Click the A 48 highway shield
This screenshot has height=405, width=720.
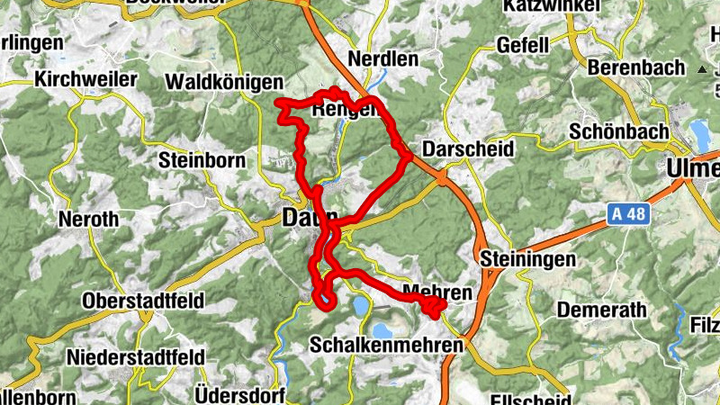(626, 214)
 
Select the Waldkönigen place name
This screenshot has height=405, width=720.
(224, 82)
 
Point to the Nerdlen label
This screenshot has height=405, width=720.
(388, 60)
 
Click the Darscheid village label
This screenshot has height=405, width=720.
(468, 148)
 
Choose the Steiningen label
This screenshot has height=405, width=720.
(528, 259)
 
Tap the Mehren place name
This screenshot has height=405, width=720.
(438, 293)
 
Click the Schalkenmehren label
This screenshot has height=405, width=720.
(386, 345)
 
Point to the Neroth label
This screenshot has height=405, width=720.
(87, 219)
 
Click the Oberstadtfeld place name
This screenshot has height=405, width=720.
(143, 300)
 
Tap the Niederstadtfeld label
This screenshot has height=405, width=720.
(135, 356)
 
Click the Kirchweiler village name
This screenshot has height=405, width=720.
(85, 79)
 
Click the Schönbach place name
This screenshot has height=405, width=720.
(619, 130)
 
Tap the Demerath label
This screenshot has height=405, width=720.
(602, 310)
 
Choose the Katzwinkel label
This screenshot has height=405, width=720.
(553, 5)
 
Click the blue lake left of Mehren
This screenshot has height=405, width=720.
(360, 307)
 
